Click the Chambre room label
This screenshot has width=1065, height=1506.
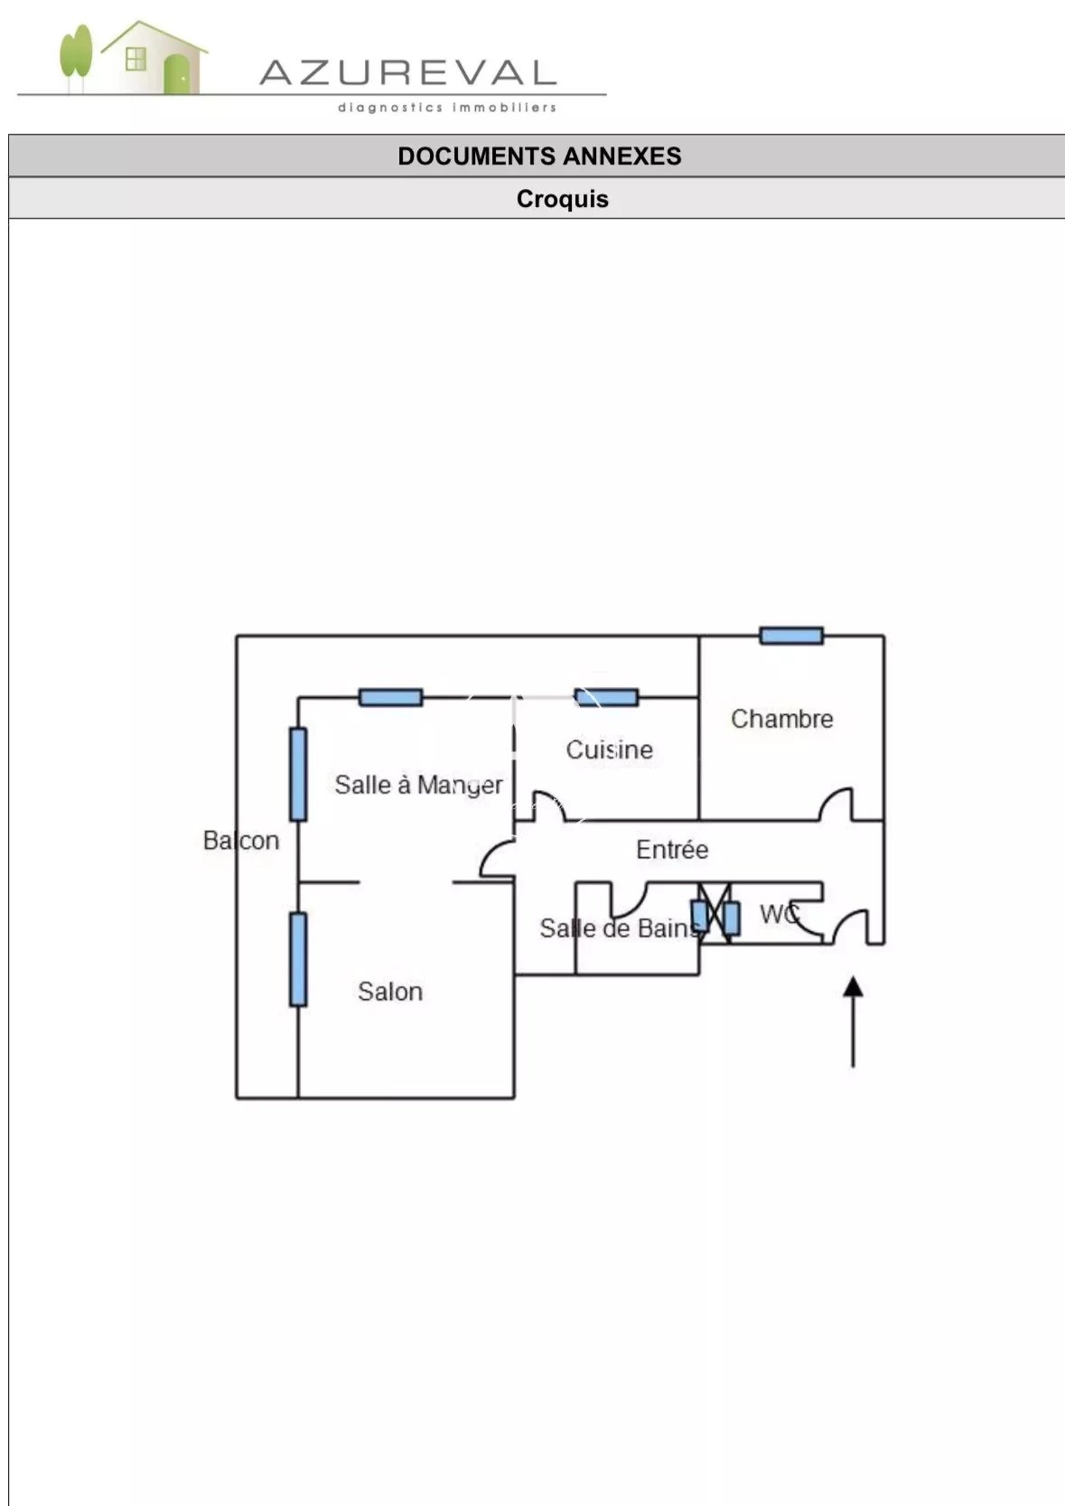coord(781,719)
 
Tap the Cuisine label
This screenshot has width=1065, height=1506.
coord(609,749)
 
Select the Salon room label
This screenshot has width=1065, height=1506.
coord(390,992)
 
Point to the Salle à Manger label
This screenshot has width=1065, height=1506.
coord(418,785)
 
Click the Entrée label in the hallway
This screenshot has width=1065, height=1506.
coord(672,850)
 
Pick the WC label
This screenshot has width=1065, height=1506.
coord(779,914)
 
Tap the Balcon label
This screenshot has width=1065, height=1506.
coord(241,841)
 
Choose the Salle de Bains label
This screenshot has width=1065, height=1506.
coord(620,928)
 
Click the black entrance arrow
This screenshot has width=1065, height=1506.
coord(853,1021)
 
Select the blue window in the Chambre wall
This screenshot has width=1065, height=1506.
coord(791,635)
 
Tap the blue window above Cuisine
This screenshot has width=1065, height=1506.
coord(606,697)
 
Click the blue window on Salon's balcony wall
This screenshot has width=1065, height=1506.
coord(298,959)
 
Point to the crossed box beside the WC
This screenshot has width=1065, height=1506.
coord(715,914)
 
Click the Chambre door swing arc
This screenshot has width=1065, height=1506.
coord(836,804)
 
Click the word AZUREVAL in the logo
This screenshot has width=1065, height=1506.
coord(407,72)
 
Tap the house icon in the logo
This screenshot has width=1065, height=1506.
coord(154,58)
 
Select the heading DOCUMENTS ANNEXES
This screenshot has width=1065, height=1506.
coord(539,155)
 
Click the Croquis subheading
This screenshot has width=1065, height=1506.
coord(562,199)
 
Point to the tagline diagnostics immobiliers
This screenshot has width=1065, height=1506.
coord(447,108)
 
